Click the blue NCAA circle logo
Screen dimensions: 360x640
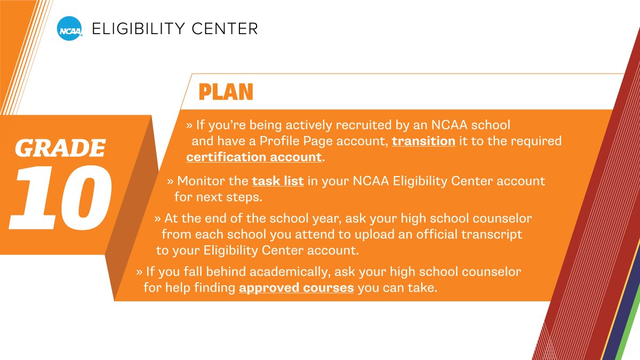coord(70,29)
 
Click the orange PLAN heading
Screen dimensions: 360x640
coord(226,92)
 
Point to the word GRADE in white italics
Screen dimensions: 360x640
coord(60,148)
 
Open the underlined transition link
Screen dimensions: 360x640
coord(423,141)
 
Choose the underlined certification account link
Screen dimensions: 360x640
coord(254,157)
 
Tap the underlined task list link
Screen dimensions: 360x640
coord(278,181)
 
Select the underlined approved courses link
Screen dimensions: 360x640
coord(297,288)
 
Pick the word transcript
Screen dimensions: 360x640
coord(492,235)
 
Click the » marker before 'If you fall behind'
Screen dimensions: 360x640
coord(139,272)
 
